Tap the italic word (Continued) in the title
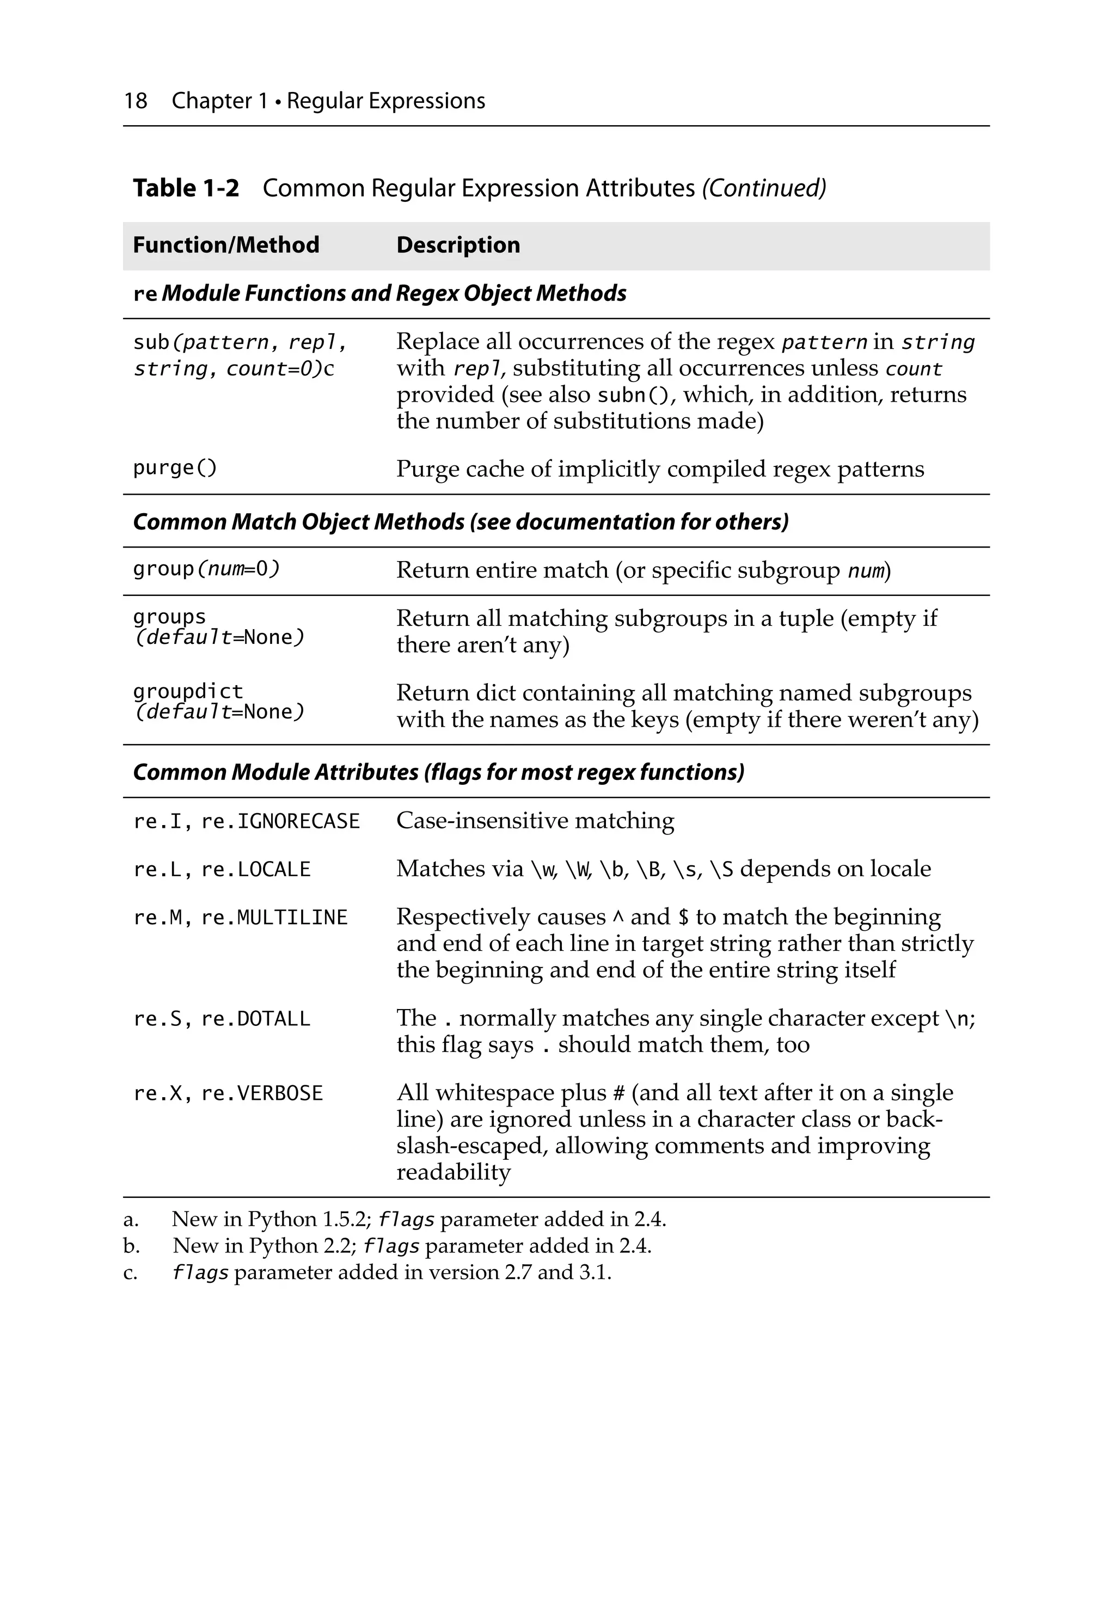(x=763, y=188)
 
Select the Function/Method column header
(x=226, y=245)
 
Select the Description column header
(x=458, y=245)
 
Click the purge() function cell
(x=175, y=468)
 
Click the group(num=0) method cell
(x=206, y=569)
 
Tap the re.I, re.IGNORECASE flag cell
(x=246, y=821)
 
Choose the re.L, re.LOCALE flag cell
(x=222, y=869)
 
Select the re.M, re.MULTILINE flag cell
(x=240, y=917)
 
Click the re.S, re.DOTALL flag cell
(x=222, y=1019)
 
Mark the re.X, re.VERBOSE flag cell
(x=228, y=1093)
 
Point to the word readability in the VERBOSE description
(x=453, y=1172)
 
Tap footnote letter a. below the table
(x=130, y=1220)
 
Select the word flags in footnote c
(x=200, y=1273)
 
